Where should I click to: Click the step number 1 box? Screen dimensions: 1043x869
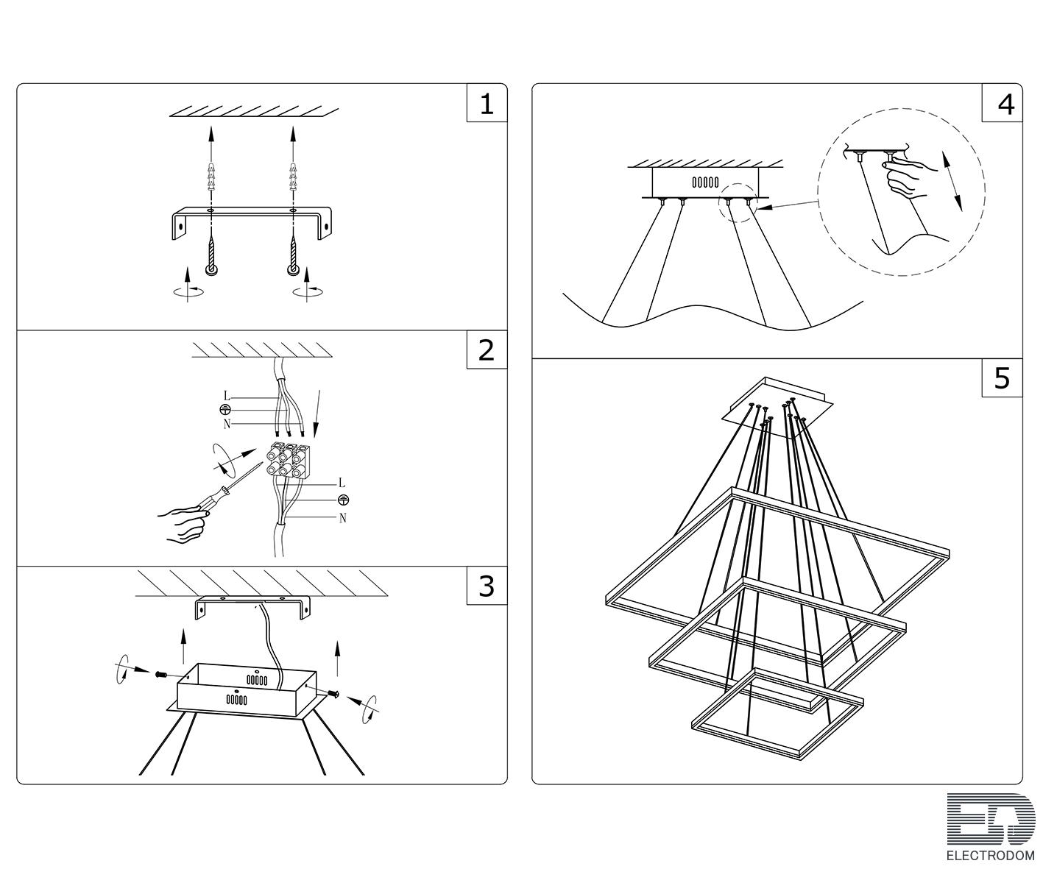[487, 103]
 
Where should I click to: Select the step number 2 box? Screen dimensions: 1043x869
[487, 350]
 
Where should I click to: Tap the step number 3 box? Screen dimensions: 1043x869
[487, 585]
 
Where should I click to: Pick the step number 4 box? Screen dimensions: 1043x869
[1002, 103]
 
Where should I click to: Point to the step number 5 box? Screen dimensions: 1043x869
[1002, 377]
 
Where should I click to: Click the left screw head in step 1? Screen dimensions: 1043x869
[211, 270]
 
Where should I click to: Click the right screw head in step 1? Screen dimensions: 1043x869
[293, 270]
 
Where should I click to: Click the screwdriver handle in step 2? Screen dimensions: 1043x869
[211, 498]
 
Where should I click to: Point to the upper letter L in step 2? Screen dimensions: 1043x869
[226, 397]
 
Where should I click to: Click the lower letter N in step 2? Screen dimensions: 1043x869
[342, 519]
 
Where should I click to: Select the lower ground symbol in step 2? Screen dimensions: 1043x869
[343, 500]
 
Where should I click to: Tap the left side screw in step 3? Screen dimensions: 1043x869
[162, 674]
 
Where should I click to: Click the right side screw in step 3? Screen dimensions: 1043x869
[333, 694]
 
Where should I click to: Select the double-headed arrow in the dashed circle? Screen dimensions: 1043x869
[952, 181]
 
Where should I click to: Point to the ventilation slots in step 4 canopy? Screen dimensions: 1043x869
[705, 182]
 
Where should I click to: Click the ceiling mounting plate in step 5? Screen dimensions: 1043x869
[778, 408]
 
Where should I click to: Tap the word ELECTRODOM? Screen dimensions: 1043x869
[991, 856]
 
